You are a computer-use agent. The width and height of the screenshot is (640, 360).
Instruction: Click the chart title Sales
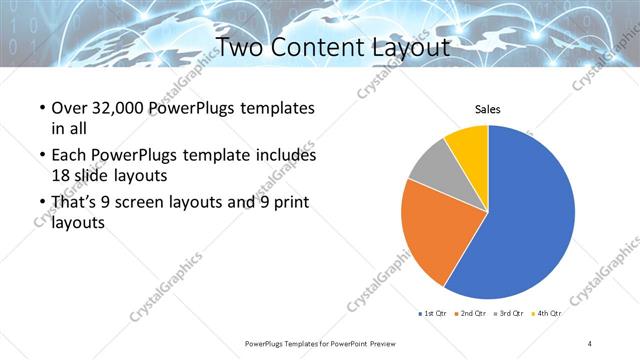[x=487, y=109]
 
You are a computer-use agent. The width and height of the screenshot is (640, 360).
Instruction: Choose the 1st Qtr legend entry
[x=432, y=313]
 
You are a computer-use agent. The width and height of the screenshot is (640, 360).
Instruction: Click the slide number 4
[x=590, y=343]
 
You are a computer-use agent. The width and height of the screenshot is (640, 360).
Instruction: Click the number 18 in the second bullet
[x=60, y=174]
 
